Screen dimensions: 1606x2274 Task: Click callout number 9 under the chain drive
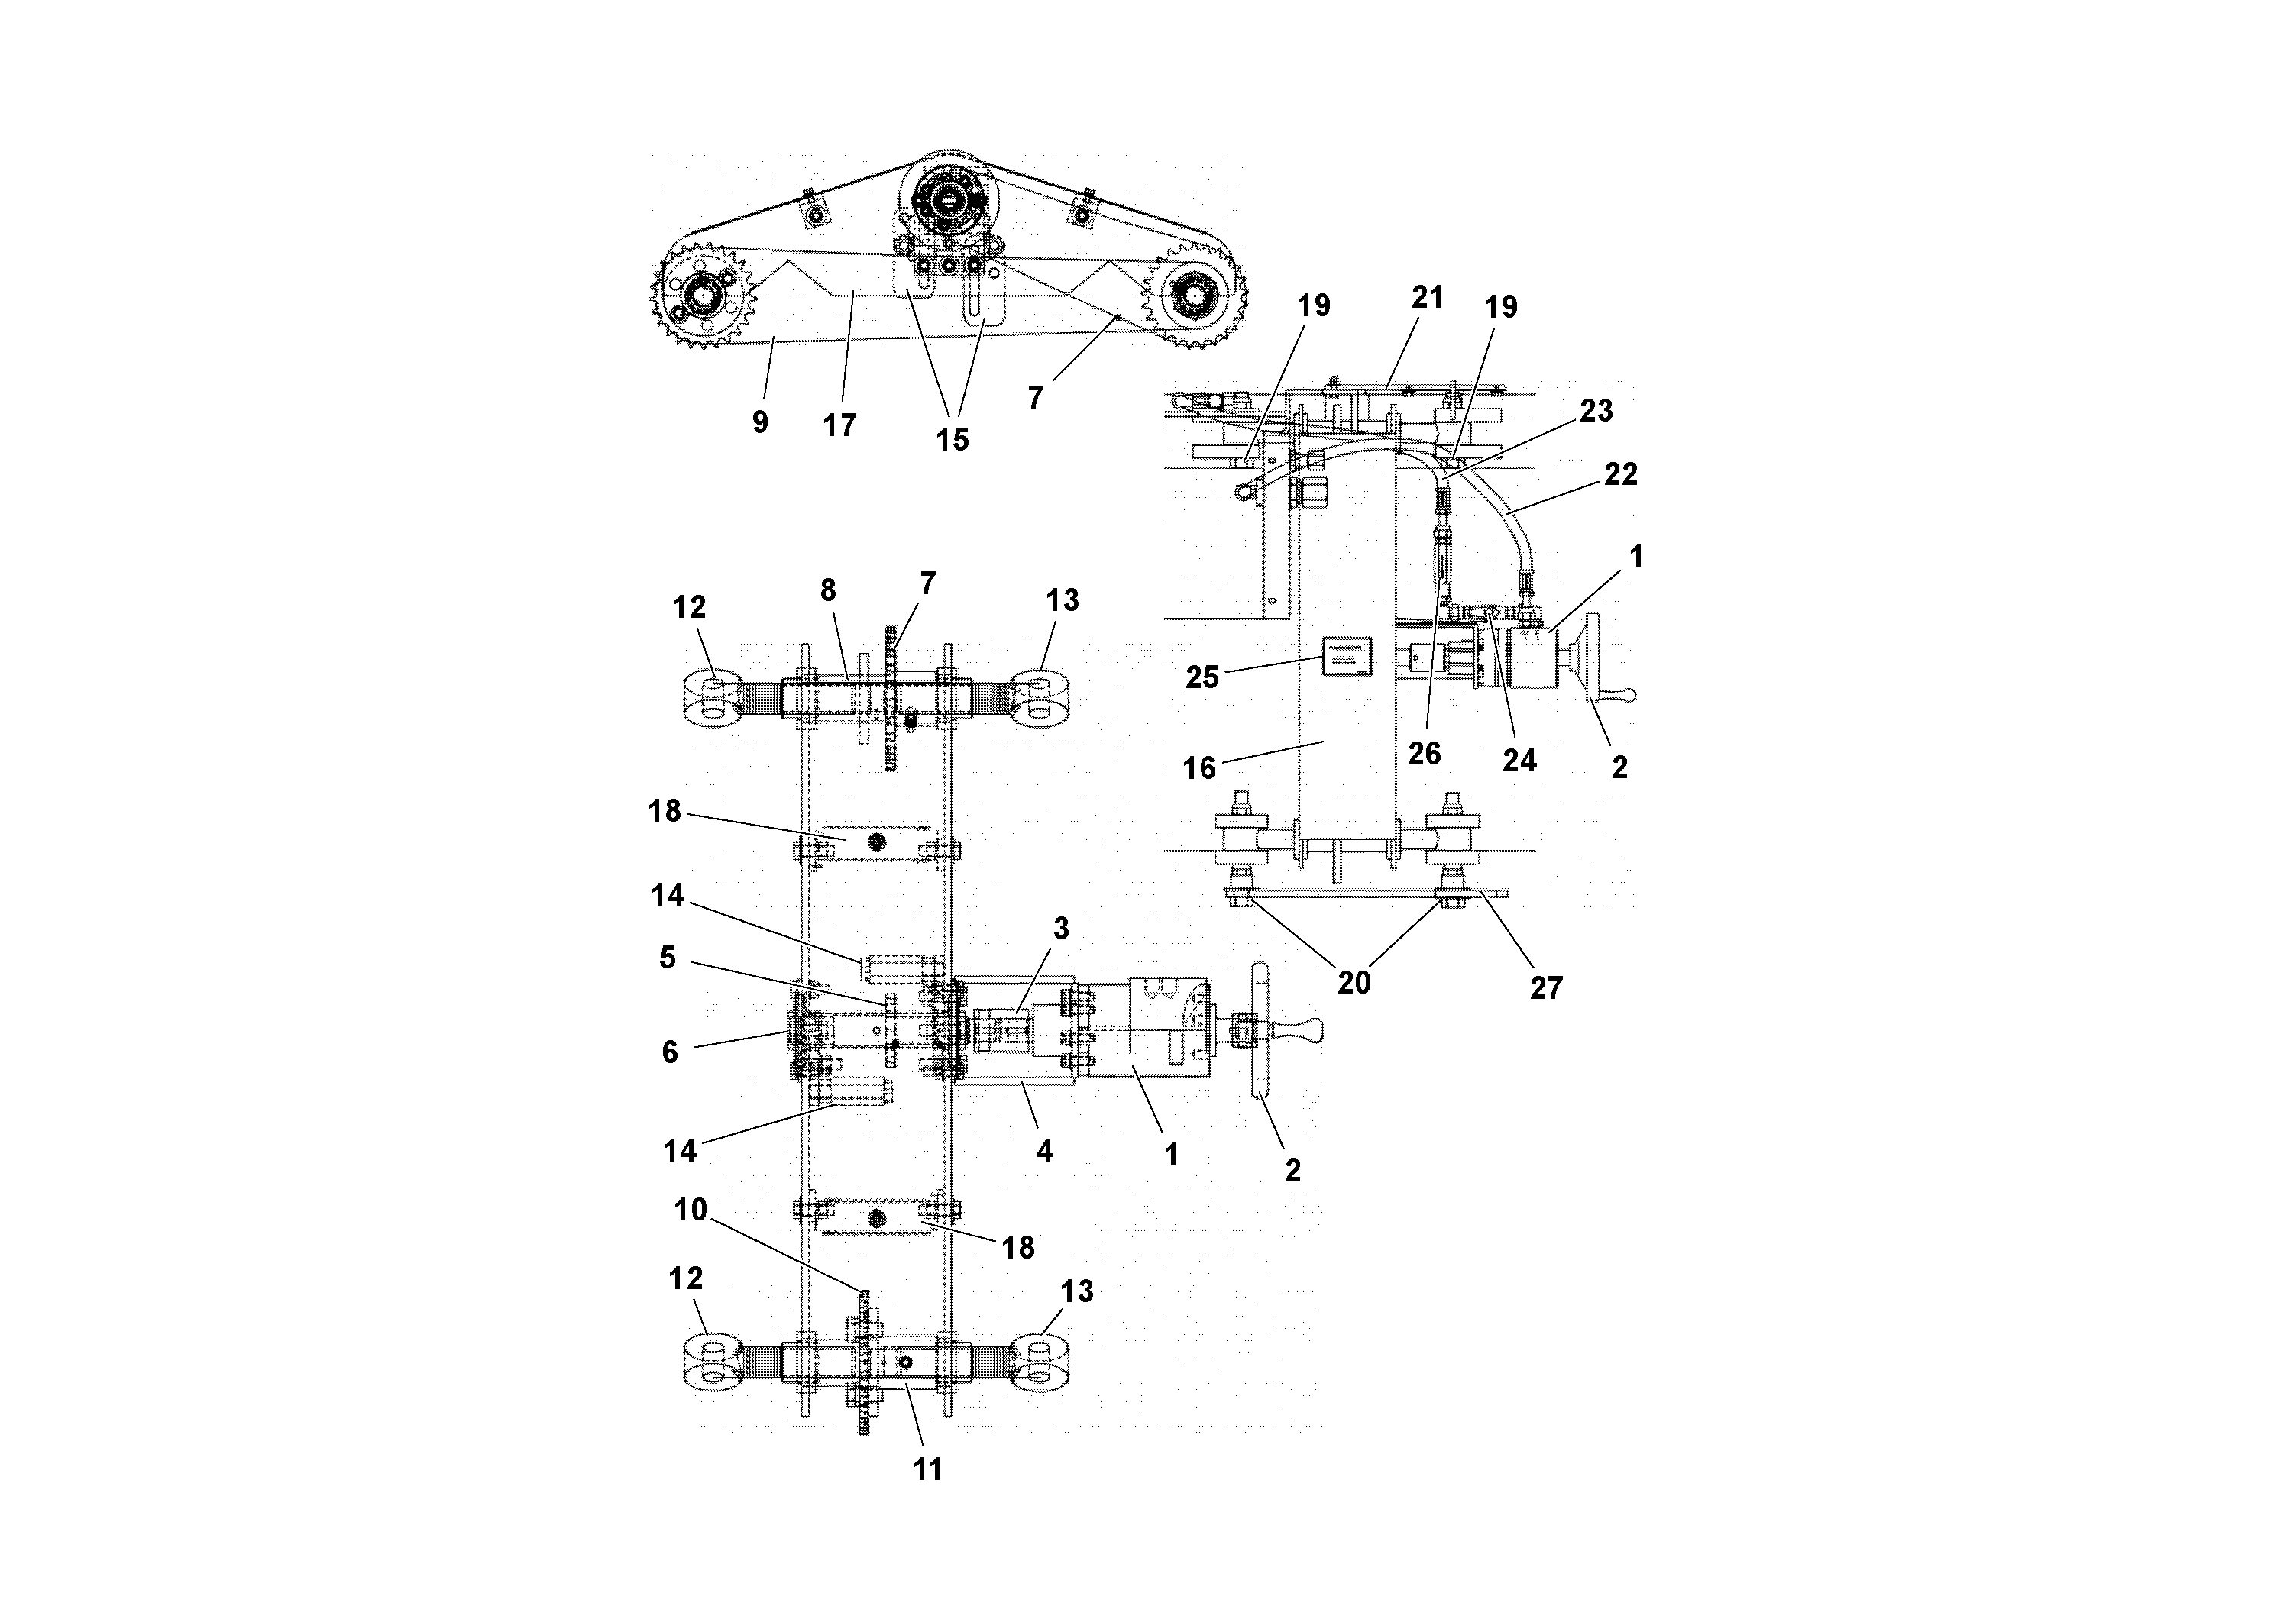[x=759, y=423]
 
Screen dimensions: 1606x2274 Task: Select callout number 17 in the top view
[x=839, y=426]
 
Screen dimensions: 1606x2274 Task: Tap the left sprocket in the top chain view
[x=704, y=294]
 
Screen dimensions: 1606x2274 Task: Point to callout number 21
[x=1427, y=297]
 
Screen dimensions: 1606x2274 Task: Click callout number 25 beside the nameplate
[x=1202, y=677]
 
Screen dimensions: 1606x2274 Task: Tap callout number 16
[x=1199, y=767]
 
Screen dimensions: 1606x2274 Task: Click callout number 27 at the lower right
[x=1546, y=987]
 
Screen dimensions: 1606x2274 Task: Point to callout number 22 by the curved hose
[x=1622, y=474]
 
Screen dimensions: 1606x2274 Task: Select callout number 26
[x=1425, y=754]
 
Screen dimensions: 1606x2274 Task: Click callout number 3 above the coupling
[x=1061, y=928]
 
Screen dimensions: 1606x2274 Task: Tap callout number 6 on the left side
[x=670, y=1052]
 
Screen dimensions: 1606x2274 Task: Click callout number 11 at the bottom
[x=927, y=1469]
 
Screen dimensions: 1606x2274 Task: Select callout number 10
[x=691, y=1210]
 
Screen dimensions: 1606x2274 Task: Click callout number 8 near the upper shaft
[x=828, y=590]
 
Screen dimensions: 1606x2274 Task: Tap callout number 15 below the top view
[x=952, y=440]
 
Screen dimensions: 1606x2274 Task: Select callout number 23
[x=1596, y=410]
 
